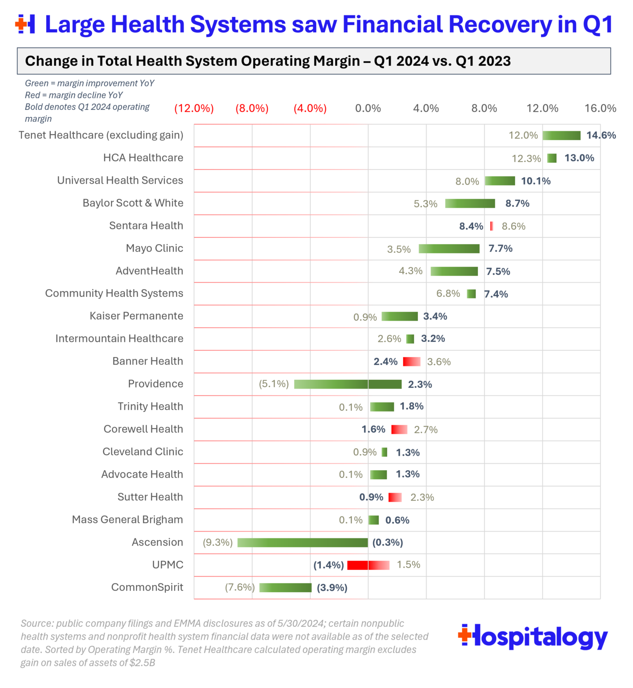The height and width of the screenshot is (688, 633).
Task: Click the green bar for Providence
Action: [348, 384]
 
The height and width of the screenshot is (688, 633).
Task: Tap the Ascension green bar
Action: [302, 542]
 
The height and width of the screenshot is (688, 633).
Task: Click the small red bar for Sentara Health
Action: [491, 226]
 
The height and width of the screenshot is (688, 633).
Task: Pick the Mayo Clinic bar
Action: [449, 249]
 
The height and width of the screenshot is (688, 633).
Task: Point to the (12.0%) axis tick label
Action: [194, 108]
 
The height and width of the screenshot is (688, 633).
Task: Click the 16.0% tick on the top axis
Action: [600, 108]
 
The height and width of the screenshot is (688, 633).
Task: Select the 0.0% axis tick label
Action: [368, 108]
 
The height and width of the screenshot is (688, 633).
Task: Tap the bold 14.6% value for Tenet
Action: [601, 135]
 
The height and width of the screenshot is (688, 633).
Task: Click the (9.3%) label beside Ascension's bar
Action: [218, 542]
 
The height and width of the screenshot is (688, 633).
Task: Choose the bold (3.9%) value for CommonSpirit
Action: [332, 588]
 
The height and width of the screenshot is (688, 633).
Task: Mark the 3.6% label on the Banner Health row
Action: [439, 362]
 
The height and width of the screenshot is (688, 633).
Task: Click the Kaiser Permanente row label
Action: [136, 316]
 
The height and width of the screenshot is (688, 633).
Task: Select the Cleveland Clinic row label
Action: [142, 451]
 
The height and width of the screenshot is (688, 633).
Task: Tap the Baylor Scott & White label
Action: [133, 203]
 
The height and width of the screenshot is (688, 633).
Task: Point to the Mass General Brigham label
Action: [127, 520]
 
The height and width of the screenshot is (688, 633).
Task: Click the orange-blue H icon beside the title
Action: [25, 24]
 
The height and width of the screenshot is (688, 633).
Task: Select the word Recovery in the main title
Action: [500, 24]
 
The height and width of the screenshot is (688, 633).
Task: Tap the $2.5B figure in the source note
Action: [142, 663]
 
